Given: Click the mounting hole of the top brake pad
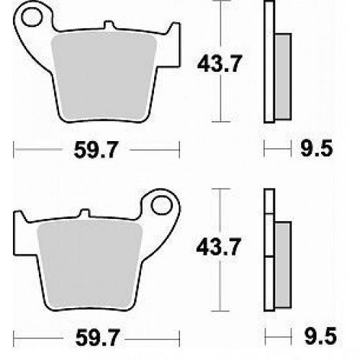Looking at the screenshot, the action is (x=32, y=17).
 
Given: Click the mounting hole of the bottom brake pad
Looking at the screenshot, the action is (x=162, y=205).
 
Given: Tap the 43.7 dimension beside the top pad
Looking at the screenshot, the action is (x=219, y=63).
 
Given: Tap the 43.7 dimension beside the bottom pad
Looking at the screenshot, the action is (x=218, y=247).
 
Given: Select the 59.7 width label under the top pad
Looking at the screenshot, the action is (x=96, y=150).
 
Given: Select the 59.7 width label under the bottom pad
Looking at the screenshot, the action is (x=97, y=338).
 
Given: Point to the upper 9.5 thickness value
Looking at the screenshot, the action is (x=317, y=149).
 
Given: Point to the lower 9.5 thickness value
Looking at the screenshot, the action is (x=320, y=336).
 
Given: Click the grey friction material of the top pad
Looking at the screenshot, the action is (x=104, y=77).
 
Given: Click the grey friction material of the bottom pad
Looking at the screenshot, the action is (x=89, y=264).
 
